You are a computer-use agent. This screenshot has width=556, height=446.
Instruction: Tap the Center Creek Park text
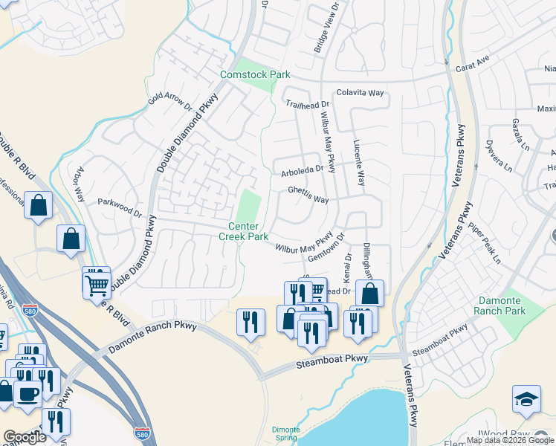pyautogui.click(x=243, y=231)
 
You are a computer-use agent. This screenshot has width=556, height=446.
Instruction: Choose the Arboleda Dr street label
pyautogui.click(x=303, y=170)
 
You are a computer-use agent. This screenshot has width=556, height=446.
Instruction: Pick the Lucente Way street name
pyautogui.click(x=359, y=163)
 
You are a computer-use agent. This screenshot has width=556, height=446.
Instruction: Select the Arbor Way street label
pyautogui.click(x=77, y=181)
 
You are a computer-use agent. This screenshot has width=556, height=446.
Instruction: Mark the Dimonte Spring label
pyautogui.click(x=285, y=434)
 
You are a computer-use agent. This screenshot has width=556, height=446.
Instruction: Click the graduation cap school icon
pyautogui.click(x=526, y=399)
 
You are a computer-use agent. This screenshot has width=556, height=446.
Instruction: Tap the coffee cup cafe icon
pyautogui.click(x=28, y=394)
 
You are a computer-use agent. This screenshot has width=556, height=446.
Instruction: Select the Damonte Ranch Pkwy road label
pyautogui.click(x=152, y=337)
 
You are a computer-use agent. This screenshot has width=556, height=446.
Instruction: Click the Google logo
pyautogui.click(x=25, y=437)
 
